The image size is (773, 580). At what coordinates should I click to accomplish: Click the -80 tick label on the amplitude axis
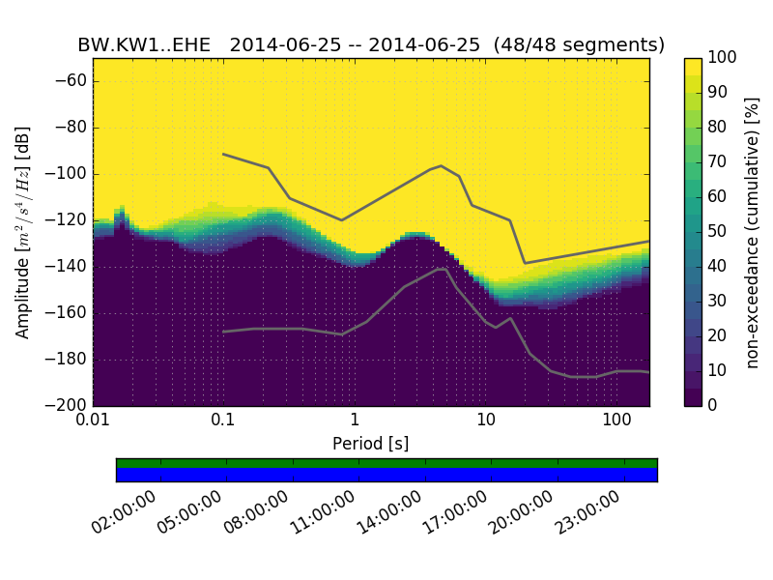pyautogui.click(x=71, y=128)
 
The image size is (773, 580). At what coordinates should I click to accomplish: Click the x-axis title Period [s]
pyautogui.click(x=370, y=444)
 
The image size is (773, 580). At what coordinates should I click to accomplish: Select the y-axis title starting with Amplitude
pyautogui.click(x=23, y=232)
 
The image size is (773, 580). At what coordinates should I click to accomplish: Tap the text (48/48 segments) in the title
pyautogui.click(x=578, y=45)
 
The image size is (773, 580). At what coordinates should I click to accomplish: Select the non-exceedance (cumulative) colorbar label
pyautogui.click(x=753, y=232)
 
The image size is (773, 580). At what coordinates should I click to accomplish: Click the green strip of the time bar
pyautogui.click(x=386, y=463)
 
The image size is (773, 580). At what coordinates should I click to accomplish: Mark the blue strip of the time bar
pyautogui.click(x=386, y=475)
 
